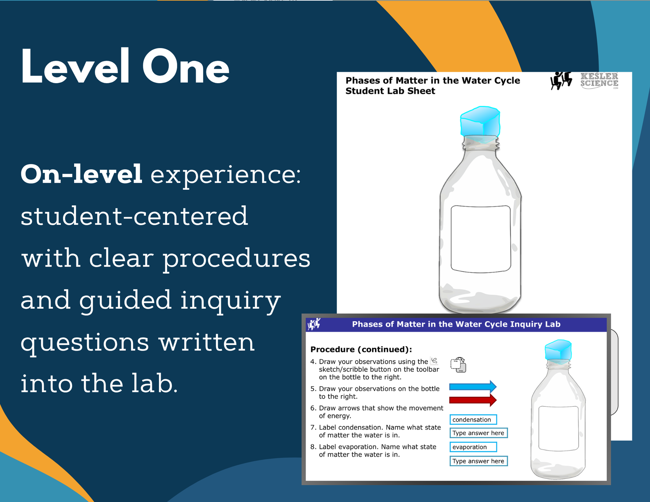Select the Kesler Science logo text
[x=599, y=80]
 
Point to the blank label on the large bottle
[x=481, y=239]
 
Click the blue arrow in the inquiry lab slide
[x=473, y=387]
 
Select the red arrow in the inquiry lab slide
[x=473, y=400]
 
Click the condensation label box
[x=473, y=420]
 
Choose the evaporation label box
[x=473, y=447]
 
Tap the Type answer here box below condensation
[x=478, y=433]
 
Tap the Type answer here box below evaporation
[x=478, y=461]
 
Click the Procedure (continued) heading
[x=361, y=349]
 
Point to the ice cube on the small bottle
[x=558, y=351]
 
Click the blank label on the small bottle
[x=558, y=429]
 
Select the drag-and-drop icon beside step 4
[x=458, y=364]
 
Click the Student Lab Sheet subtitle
[x=390, y=91]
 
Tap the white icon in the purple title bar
[x=314, y=324]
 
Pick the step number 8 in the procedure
[x=313, y=447]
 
